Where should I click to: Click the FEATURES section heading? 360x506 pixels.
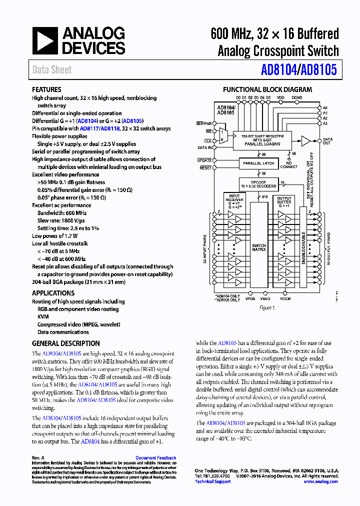pyautogui.click(x=46, y=89)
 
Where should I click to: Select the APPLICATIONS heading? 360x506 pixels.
pyautogui.click(x=53, y=293)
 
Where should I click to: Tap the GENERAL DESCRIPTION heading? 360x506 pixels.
pyautogui.click(x=66, y=343)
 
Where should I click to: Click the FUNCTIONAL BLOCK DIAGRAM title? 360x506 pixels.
pyautogui.click(x=267, y=90)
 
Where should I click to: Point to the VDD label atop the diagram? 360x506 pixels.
pyautogui.click(x=280, y=97)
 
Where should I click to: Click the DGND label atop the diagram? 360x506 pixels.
pyautogui.click(x=297, y=97)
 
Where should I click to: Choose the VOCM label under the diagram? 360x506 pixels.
pyautogui.click(x=285, y=299)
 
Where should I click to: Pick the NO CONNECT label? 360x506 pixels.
pyautogui.click(x=289, y=164)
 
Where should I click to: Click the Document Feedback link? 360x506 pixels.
pyautogui.click(x=155, y=457)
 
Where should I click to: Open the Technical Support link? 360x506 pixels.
pyautogui.click(x=212, y=481)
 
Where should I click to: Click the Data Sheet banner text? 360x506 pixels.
pyautogui.click(x=52, y=70)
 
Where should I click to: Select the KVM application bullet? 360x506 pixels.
pyautogui.click(x=43, y=316)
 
